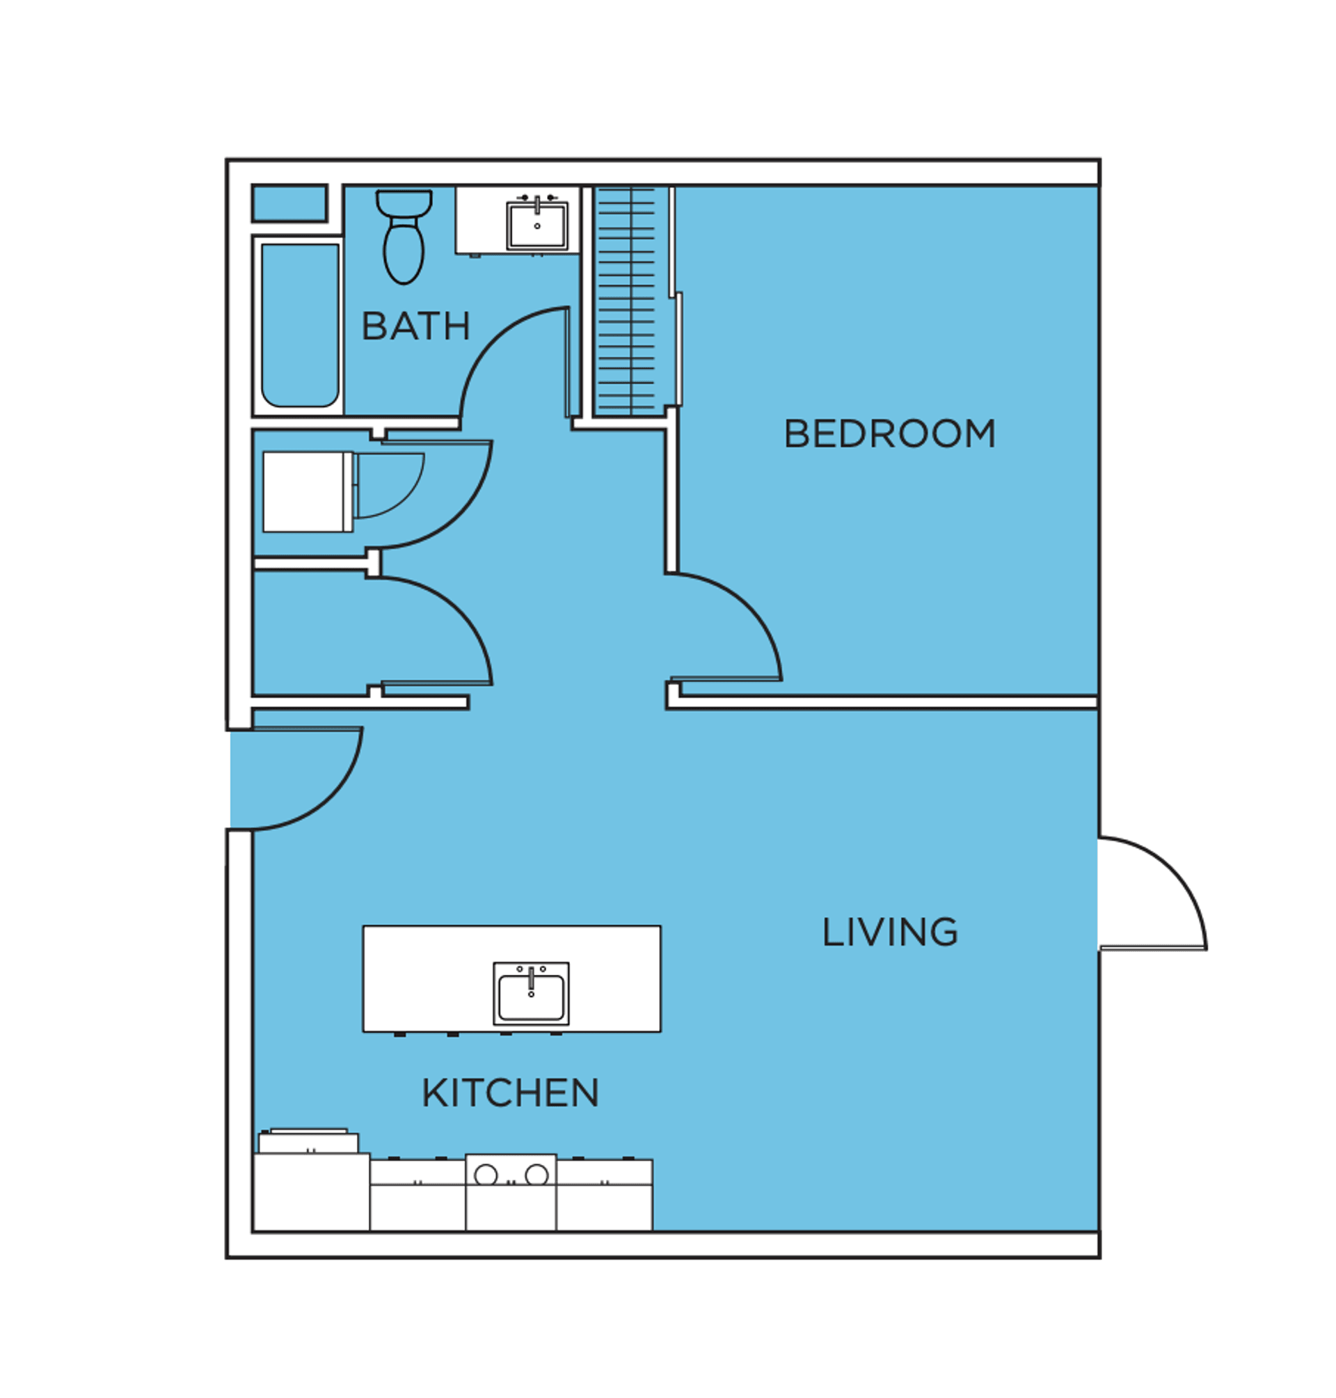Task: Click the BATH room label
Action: point(416,326)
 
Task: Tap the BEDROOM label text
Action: point(889,434)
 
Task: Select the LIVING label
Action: point(890,932)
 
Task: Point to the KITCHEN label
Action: point(510,1093)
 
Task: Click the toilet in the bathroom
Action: point(404,237)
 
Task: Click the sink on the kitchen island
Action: point(531,994)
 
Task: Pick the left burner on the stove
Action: point(486,1175)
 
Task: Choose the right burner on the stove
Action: point(537,1175)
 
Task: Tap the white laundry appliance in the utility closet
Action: point(308,492)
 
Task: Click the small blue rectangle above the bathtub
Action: point(289,204)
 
